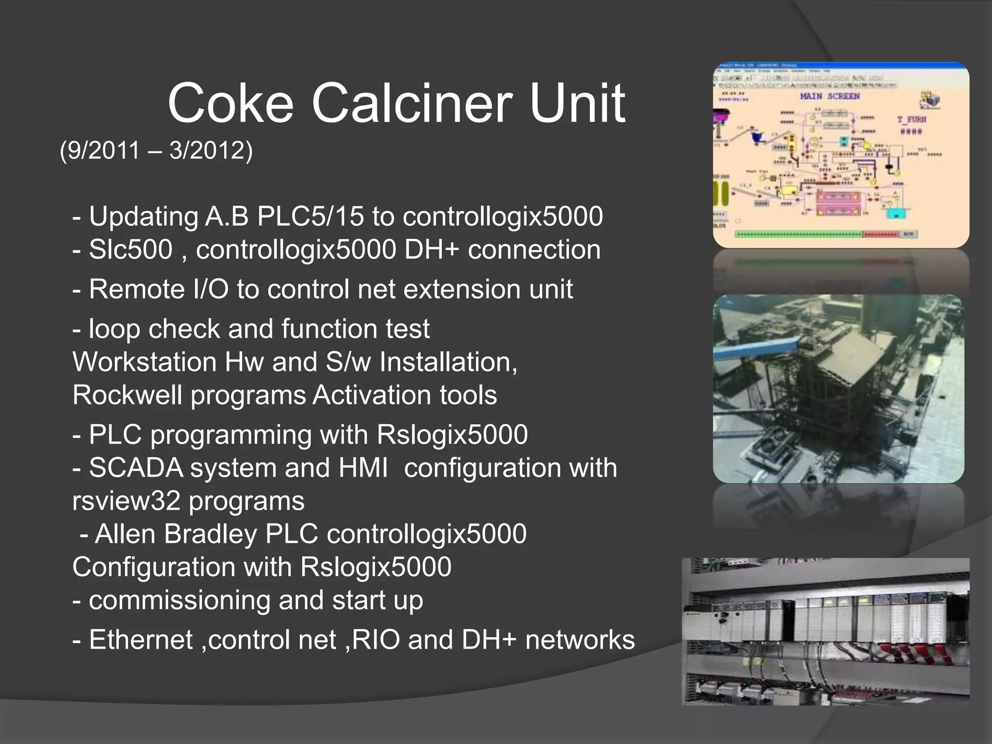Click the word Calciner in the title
point(416,103)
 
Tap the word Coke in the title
point(231,103)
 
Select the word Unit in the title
point(577,103)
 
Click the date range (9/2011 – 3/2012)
point(156,150)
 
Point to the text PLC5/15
point(310,216)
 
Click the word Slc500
point(131,249)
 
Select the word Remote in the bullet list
point(137,289)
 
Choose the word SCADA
point(136,468)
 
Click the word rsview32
point(126,501)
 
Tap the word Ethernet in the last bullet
point(141,639)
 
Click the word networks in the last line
point(580,639)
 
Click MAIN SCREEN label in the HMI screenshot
point(830,96)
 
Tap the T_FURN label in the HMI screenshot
point(912,119)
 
